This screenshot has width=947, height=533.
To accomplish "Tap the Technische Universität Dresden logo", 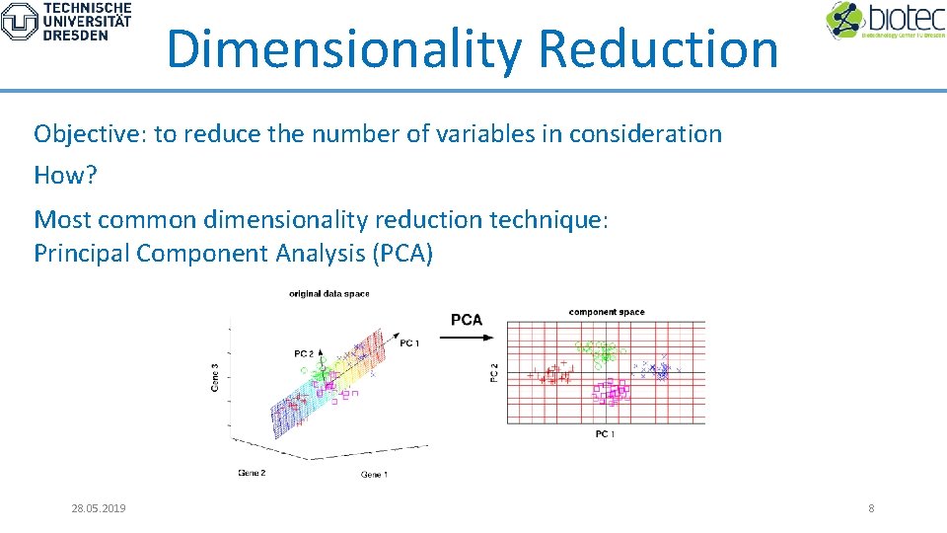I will click(x=67, y=22).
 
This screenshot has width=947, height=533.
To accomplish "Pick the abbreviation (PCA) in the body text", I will click(x=402, y=254).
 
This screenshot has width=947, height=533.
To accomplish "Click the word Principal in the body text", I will click(x=82, y=254).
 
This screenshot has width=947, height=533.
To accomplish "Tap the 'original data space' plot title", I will click(x=328, y=293).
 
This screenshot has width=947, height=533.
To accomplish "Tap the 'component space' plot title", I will click(x=606, y=312).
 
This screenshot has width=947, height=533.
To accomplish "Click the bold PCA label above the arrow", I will click(x=467, y=319).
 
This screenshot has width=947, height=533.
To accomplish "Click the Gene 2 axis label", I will click(x=252, y=473).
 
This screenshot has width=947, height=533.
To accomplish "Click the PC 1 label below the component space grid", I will click(x=605, y=434).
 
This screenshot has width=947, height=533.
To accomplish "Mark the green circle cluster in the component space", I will click(x=597, y=351).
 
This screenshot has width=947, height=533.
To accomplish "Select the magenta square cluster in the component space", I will click(x=612, y=393).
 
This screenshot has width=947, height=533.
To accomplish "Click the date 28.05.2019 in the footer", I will click(x=99, y=508).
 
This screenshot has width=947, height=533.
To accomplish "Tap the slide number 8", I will click(x=871, y=508).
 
